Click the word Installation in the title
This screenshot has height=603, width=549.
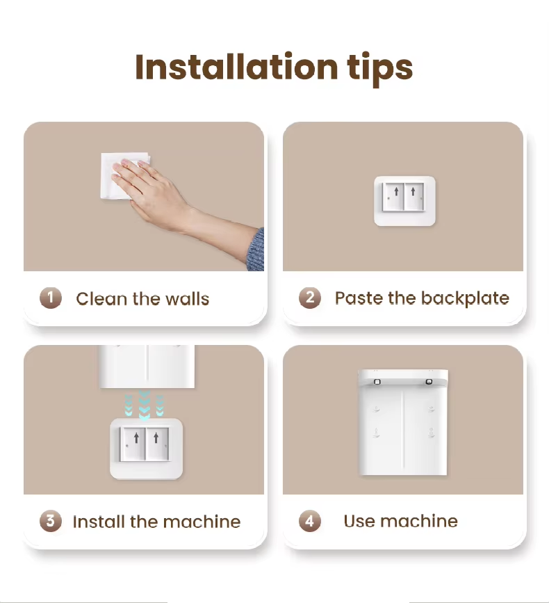tap(236, 67)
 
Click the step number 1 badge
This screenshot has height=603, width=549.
tap(51, 298)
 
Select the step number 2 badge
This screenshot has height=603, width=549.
tap(310, 298)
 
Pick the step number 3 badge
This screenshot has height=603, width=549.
tap(51, 521)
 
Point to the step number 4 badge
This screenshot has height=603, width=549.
tap(310, 521)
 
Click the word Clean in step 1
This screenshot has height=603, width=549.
tap(101, 299)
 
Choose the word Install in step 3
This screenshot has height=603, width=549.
tap(99, 522)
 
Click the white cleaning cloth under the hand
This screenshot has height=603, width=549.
tap(123, 176)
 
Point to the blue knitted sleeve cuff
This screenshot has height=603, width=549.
tap(256, 250)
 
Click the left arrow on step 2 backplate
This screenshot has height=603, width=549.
tap(397, 191)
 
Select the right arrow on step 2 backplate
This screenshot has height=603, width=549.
tap(413, 191)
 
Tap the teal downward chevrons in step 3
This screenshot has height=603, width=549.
tap(145, 405)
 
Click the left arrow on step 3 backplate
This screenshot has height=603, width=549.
tap(136, 437)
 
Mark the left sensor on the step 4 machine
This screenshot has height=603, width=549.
tap(377, 382)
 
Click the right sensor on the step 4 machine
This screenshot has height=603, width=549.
tap(429, 382)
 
